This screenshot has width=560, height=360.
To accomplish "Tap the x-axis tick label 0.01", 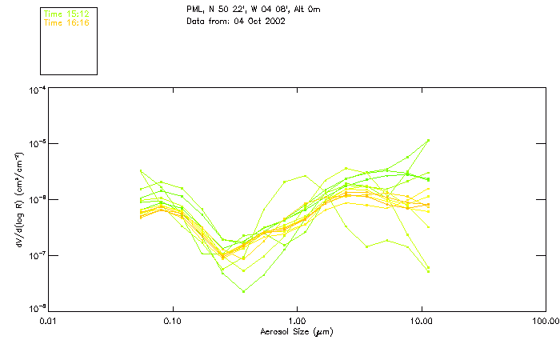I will (x=48, y=321).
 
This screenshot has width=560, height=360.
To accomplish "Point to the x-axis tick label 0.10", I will (x=172, y=321).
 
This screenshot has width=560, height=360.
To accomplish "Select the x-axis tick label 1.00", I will (x=297, y=321).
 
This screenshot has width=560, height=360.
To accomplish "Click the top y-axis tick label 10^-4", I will (x=36, y=90).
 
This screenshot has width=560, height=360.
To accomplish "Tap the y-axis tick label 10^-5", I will (x=36, y=145).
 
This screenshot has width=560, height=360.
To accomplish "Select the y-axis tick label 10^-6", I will (x=36, y=200).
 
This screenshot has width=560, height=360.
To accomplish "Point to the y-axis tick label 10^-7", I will (x=36, y=255).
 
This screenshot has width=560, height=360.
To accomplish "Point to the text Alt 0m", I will (x=298, y=9).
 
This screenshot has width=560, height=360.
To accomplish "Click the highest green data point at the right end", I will (x=429, y=140).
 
